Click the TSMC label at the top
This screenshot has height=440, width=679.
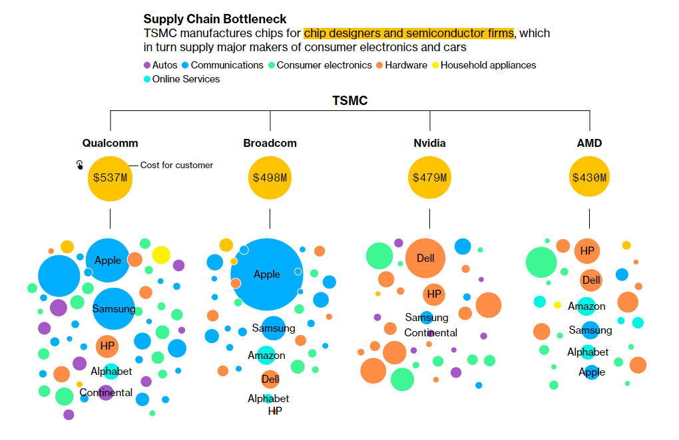(349, 101)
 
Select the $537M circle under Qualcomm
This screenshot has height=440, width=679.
(110, 178)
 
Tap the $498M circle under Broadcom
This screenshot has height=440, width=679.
(270, 178)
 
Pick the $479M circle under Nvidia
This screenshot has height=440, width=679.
(429, 178)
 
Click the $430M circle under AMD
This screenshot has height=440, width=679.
(589, 178)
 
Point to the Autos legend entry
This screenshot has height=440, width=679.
(160, 65)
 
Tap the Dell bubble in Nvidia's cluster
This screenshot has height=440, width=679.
(425, 258)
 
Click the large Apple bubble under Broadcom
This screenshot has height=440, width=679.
(267, 274)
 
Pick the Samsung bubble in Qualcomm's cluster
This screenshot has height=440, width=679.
(113, 308)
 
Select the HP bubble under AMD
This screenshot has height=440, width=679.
(587, 251)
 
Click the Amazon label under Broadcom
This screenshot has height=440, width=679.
(266, 356)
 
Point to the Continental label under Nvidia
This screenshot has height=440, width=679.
(431, 332)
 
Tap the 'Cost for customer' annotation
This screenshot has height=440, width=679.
(176, 165)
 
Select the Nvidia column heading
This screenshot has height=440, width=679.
(429, 143)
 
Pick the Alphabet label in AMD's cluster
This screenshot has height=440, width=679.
(588, 352)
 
